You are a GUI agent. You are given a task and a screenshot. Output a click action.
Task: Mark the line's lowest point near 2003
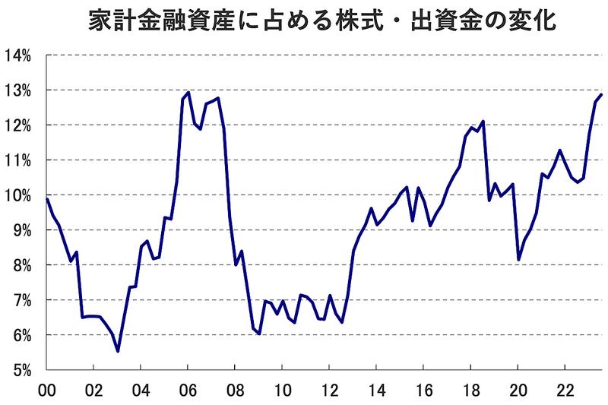(118, 351)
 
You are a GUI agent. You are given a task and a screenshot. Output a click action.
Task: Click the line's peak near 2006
(188, 93)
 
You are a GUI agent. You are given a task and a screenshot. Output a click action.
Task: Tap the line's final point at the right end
(601, 94)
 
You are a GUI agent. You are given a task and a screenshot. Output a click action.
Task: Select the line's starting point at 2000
(47, 199)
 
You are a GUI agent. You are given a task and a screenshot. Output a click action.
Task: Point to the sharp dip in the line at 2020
(518, 260)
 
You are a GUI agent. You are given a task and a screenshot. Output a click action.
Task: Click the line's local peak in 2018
(483, 121)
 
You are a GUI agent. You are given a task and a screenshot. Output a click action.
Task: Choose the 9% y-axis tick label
(20, 230)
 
